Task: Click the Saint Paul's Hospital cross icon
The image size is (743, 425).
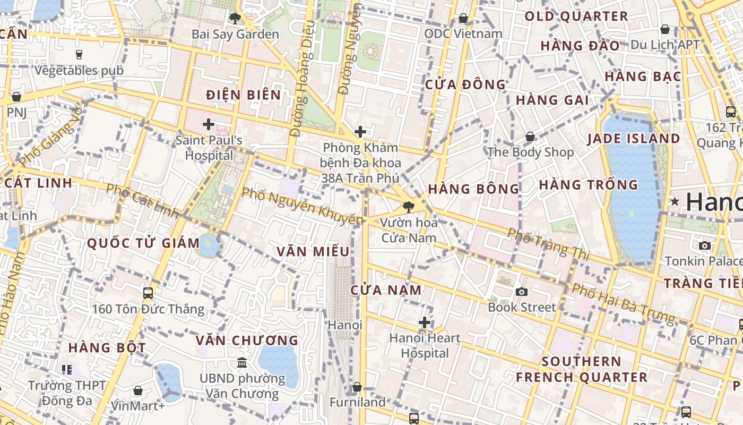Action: tap(209, 125)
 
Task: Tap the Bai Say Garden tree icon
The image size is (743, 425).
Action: tap(235, 19)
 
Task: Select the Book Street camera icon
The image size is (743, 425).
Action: tap(522, 291)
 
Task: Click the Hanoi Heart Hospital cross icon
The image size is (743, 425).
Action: tap(425, 322)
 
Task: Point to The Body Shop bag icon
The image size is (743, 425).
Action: tap(530, 137)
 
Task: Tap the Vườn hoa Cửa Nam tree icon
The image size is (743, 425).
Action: tap(408, 207)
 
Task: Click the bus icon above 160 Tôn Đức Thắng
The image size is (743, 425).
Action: tap(148, 293)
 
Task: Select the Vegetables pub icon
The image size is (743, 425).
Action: tap(79, 54)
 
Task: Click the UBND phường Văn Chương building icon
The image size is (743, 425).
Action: tap(242, 363)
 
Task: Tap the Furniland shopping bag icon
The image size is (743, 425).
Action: tap(357, 387)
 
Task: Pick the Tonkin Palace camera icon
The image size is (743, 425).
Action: tap(704, 245)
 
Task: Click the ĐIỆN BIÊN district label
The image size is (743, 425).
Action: tap(244, 95)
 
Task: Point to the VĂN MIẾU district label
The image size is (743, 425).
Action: tap(313, 252)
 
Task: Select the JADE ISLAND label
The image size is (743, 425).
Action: tap(633, 139)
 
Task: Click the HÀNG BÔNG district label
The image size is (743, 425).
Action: tap(473, 189)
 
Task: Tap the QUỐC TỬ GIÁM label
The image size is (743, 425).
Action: tap(143, 244)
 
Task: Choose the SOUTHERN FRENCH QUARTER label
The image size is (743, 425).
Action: tap(582, 370)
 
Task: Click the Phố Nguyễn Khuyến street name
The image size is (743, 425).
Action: tap(303, 206)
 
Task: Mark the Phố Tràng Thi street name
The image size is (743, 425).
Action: tap(548, 244)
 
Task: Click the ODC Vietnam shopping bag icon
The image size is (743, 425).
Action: tap(463, 19)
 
